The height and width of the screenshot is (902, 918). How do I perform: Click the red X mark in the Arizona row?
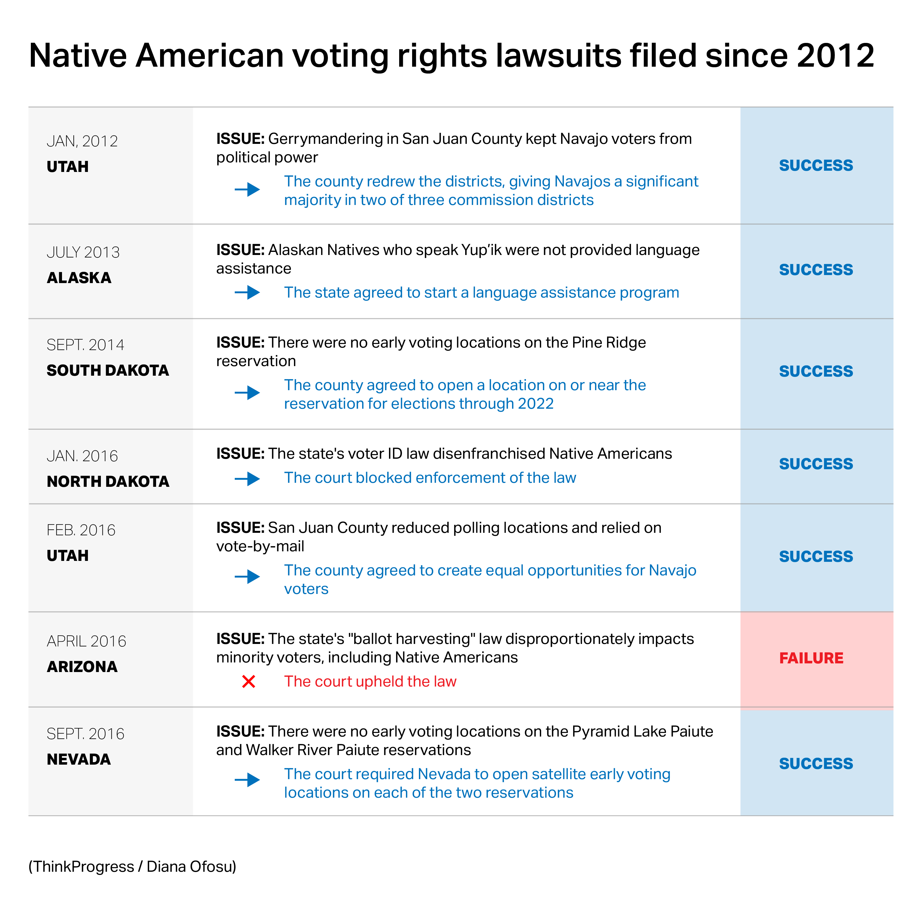(x=249, y=682)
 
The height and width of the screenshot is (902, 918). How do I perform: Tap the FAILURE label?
(x=811, y=658)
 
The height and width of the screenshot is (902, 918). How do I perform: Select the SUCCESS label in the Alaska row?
(x=816, y=269)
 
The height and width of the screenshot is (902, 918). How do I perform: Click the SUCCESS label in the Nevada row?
(x=816, y=764)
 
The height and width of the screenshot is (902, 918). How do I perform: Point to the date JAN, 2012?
(x=82, y=141)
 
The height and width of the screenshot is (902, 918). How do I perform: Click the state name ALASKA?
(x=79, y=278)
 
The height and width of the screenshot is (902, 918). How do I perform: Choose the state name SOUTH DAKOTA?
(x=107, y=370)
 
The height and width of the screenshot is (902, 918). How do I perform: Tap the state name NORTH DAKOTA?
(x=108, y=481)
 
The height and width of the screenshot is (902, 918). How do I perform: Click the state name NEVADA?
(x=79, y=759)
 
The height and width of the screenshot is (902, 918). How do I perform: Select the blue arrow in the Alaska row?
(x=247, y=292)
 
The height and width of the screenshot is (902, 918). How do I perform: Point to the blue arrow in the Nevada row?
(x=247, y=780)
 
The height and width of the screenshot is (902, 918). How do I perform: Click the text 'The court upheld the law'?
(x=370, y=681)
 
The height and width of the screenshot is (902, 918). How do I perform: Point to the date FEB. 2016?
(x=81, y=530)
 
